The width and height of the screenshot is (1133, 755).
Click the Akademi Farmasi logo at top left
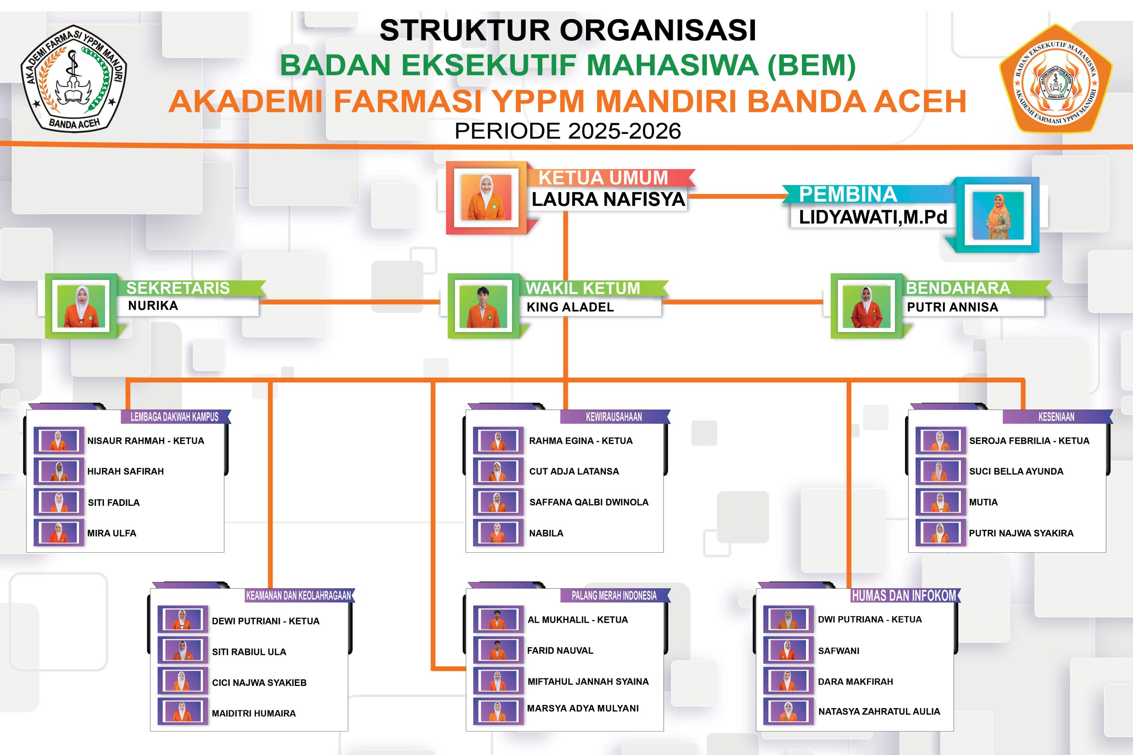coord(73,78)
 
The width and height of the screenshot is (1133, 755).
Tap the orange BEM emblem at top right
coord(1056,79)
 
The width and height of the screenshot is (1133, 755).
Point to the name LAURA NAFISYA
coord(608,199)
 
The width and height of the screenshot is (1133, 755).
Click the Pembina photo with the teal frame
coord(998,215)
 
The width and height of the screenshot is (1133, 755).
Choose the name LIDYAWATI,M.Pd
coord(872,218)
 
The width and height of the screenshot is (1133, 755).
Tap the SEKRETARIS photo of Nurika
coord(81,306)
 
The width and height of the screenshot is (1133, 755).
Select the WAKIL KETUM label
coord(582,288)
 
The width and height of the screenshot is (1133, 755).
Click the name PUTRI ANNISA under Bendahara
coord(952,307)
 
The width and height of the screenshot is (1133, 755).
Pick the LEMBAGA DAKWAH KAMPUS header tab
coord(174,417)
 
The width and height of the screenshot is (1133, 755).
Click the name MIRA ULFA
coord(112,533)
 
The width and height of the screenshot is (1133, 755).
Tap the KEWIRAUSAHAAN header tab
coord(613,417)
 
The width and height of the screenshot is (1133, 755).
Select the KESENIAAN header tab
coord(1056,417)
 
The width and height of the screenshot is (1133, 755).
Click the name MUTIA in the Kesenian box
coord(983,502)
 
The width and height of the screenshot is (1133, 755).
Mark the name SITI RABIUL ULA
coord(249,652)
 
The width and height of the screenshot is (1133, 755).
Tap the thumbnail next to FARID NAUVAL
coord(498,650)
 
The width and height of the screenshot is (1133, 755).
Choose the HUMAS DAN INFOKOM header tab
coord(904,596)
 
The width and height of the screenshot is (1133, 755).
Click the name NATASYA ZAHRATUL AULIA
coord(879,711)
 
